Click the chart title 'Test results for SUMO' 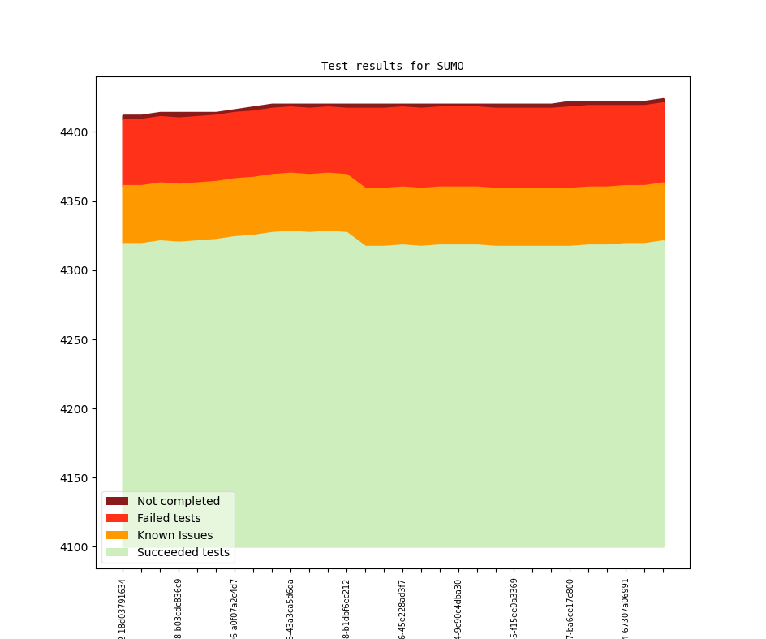click(392, 66)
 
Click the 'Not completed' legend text click(178, 501)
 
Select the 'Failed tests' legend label click(169, 518)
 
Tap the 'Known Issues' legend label click(174, 535)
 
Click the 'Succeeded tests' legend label click(183, 552)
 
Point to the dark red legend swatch click(117, 501)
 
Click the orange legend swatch click(117, 535)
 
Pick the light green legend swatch click(117, 552)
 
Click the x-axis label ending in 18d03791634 click(123, 609)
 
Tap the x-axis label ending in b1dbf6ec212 click(346, 609)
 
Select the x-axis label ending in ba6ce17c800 click(570, 609)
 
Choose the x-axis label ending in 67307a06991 click(626, 609)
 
